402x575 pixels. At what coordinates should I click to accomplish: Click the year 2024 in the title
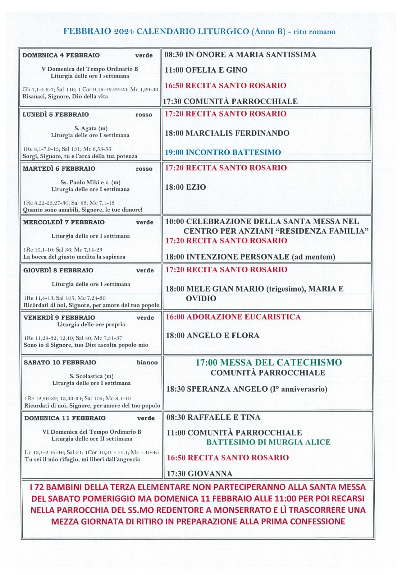click(124, 32)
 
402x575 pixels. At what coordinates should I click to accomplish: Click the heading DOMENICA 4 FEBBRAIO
click(61, 55)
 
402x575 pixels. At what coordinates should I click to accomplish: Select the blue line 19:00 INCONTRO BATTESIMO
click(223, 152)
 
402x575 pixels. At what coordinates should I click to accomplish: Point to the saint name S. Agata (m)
click(91, 128)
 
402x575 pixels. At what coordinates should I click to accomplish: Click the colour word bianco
click(147, 363)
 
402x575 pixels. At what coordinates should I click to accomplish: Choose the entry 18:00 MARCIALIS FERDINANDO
click(227, 133)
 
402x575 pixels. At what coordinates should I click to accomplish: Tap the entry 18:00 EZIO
click(186, 187)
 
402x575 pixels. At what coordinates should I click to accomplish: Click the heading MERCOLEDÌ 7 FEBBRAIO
click(64, 222)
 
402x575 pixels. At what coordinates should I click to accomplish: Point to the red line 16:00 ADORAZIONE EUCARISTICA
click(233, 317)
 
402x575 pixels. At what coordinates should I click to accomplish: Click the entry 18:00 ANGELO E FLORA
click(213, 336)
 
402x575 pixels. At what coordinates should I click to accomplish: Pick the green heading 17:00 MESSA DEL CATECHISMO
click(269, 363)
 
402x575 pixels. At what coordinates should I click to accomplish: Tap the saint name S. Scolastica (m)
click(91, 376)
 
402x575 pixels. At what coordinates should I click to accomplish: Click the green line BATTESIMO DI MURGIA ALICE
click(268, 442)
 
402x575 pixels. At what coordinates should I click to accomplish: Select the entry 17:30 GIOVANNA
click(200, 474)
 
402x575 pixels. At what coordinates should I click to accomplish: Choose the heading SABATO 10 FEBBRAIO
click(60, 363)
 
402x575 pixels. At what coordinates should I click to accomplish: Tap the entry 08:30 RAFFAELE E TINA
click(214, 418)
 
